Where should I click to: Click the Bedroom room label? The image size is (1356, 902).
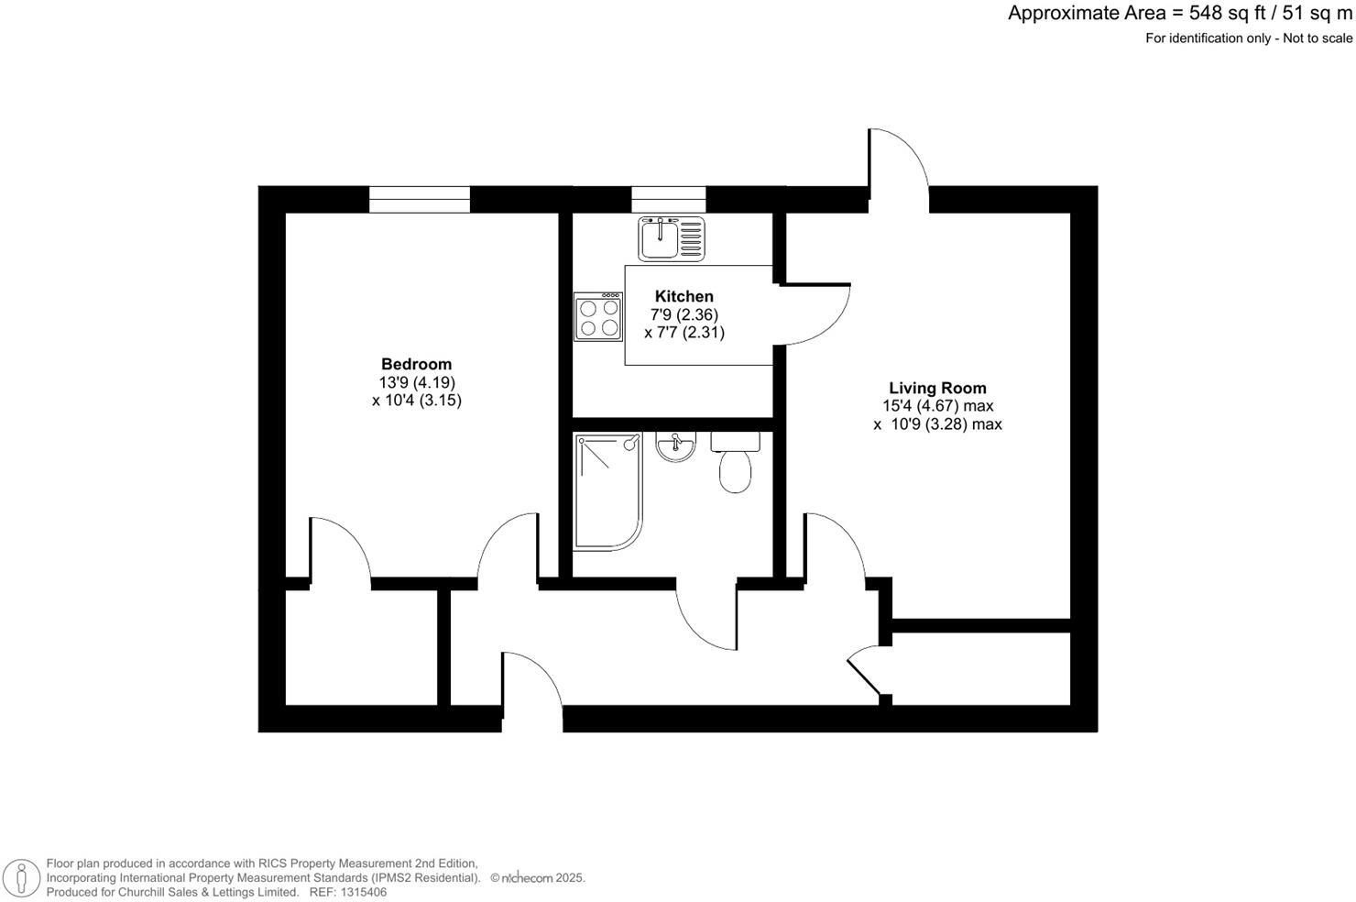(416, 364)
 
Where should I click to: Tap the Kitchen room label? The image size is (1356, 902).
(683, 296)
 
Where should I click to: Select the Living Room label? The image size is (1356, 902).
(937, 388)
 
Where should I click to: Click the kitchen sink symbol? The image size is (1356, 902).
(673, 238)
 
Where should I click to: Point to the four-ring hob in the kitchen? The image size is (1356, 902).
(598, 317)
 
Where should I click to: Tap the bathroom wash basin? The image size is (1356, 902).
(676, 446)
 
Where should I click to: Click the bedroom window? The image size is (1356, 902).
(420, 199)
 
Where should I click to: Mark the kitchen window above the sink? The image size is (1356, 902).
(668, 199)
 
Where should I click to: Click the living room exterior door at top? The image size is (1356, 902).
(899, 165)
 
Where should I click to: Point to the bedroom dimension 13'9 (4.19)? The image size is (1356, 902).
(417, 382)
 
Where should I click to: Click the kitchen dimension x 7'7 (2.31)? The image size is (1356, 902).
(684, 333)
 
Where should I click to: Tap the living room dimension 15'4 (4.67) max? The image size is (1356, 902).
(937, 406)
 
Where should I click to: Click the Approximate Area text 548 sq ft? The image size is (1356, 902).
(1180, 13)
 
